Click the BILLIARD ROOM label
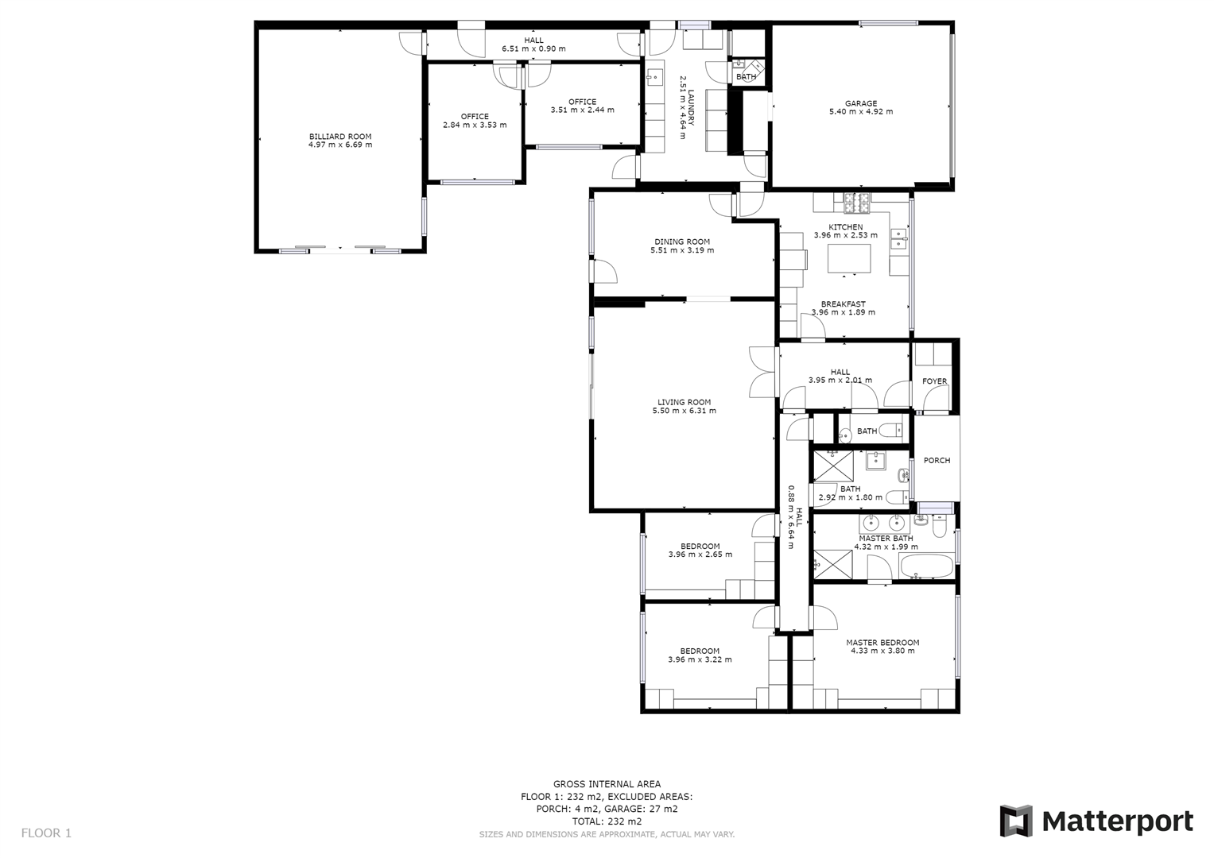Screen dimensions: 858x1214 340,137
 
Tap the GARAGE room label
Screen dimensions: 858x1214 861,103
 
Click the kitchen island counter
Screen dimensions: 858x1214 849,259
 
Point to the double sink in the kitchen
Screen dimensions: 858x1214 899,238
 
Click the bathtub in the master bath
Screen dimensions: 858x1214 926,567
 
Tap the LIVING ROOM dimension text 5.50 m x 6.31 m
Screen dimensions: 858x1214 684,411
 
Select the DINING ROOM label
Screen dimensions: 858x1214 682,242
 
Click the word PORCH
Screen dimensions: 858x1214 937,461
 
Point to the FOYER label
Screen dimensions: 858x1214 934,381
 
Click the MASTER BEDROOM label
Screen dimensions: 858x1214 882,643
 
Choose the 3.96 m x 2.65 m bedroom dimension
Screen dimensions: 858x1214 700,555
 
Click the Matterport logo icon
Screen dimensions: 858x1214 1015,821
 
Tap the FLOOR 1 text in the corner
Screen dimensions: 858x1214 46,833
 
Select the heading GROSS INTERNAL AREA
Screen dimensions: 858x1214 607,784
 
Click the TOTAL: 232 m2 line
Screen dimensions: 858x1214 607,821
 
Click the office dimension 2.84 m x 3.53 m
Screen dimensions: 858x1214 475,125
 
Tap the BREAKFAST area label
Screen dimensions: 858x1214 843,304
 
